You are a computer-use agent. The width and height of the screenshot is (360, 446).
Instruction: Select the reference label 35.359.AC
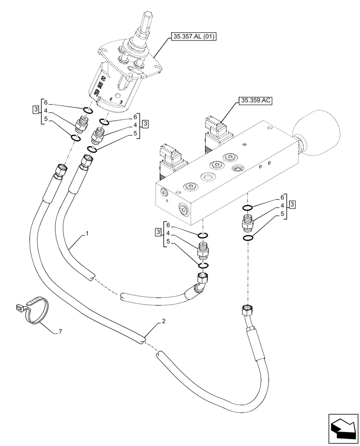pyautogui.click(x=255, y=101)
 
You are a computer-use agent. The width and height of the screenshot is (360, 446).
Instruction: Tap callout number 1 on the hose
pyautogui.click(x=87, y=233)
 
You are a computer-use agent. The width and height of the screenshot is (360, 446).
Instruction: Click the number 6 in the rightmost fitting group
pyautogui.click(x=282, y=197)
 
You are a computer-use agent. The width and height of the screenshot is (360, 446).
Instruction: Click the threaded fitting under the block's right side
pyautogui.click(x=247, y=221)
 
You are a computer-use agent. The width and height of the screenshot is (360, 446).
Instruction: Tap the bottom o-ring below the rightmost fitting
pyautogui.click(x=248, y=237)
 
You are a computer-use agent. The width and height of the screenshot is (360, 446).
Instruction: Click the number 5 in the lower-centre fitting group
pyautogui.click(x=168, y=241)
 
